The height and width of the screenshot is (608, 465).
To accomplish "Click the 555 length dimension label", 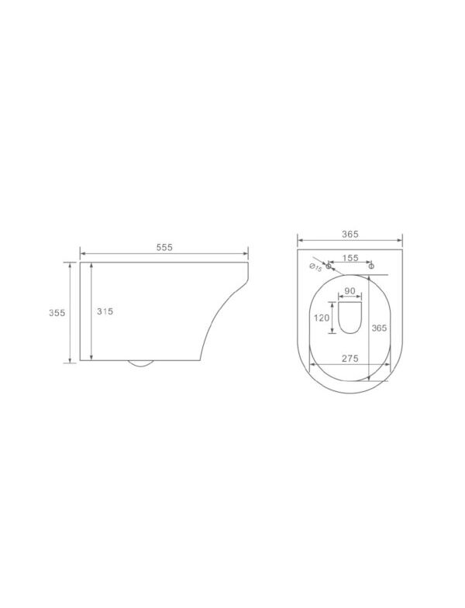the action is point(164,247).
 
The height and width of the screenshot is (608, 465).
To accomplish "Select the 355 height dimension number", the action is point(57,313).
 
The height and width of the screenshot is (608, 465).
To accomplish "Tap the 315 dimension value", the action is point(105,311).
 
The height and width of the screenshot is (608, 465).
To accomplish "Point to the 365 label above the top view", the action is point(350,234).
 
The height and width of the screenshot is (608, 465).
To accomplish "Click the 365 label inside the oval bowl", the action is point(379,328).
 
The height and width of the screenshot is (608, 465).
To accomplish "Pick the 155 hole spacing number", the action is point(350,258).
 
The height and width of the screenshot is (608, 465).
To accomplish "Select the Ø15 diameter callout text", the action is point(315,267).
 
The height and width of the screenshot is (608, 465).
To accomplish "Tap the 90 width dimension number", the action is point(350,290).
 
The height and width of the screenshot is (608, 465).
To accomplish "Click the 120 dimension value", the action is point(322,318).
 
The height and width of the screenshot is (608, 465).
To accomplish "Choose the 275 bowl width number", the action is point(350,359).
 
